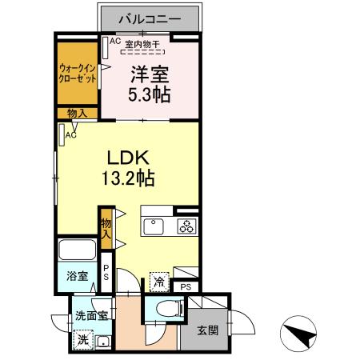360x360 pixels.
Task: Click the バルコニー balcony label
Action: (150, 17)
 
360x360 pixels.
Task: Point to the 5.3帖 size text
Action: (150, 94)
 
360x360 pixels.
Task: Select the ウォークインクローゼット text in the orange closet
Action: (78, 74)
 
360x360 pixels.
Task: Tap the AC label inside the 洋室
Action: (114, 41)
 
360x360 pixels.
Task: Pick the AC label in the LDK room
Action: (70, 135)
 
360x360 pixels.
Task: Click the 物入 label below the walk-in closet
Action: (78, 114)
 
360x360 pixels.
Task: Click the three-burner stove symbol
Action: (186, 226)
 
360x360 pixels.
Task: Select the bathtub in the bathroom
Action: (78, 250)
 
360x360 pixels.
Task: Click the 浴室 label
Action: (77, 277)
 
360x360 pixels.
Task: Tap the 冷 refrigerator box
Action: (160, 281)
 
